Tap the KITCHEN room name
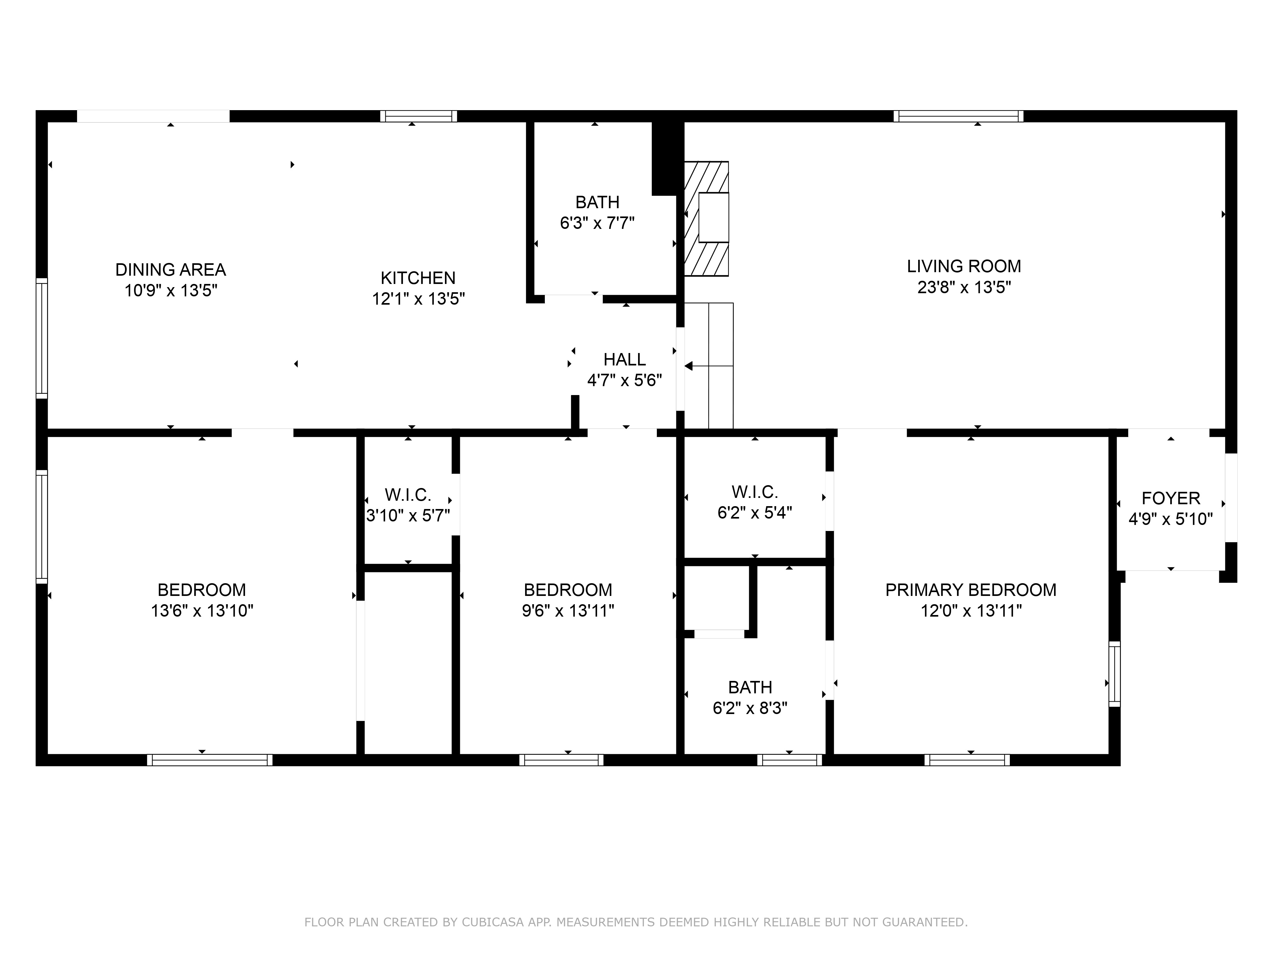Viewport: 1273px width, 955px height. pyautogui.click(x=418, y=278)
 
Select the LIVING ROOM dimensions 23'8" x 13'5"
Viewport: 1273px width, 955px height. pyautogui.click(x=964, y=287)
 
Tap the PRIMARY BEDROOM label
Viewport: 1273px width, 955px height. pyautogui.click(x=970, y=590)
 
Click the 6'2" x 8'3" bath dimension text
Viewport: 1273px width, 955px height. pyautogui.click(x=750, y=708)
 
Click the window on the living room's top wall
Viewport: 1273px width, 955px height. pyautogui.click(x=958, y=116)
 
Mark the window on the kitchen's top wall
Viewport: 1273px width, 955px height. pyautogui.click(x=418, y=116)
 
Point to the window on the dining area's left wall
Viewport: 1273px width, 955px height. pyautogui.click(x=41, y=338)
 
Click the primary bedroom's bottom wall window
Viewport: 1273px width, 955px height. pyautogui.click(x=967, y=760)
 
